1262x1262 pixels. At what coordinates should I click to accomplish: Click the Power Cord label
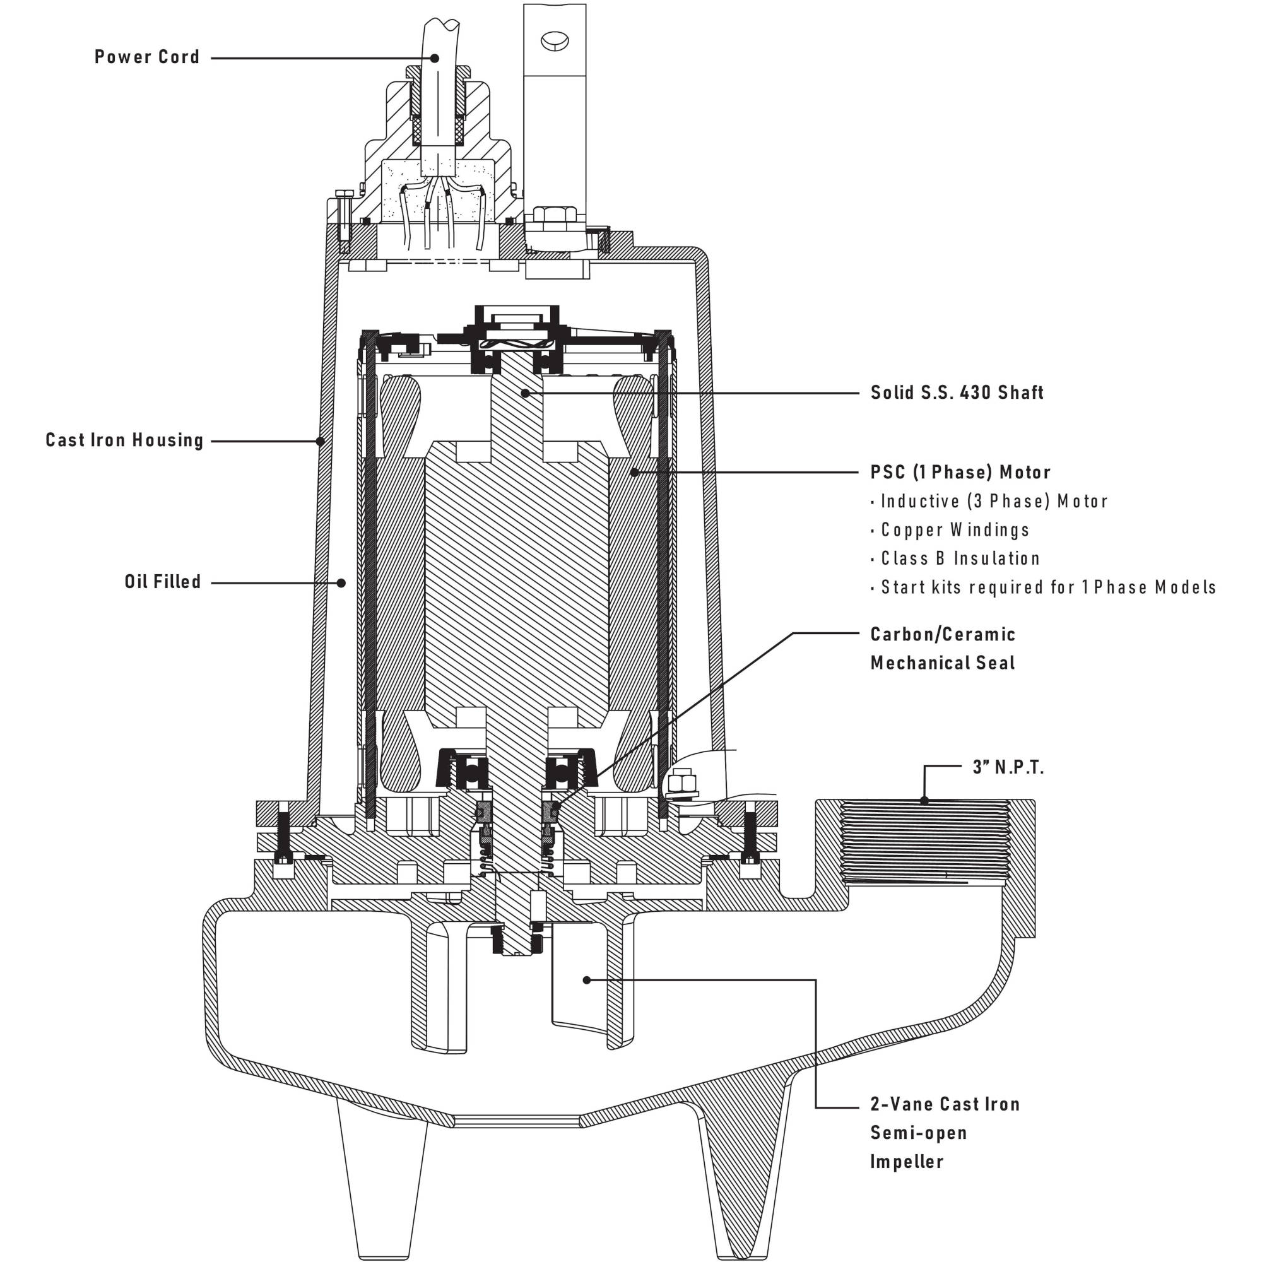pyautogui.click(x=147, y=57)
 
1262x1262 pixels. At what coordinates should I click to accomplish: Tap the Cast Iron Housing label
pyautogui.click(x=125, y=440)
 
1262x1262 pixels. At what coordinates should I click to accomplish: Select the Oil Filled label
pyautogui.click(x=163, y=582)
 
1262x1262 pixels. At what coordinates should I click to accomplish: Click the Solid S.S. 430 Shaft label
pyautogui.click(x=957, y=392)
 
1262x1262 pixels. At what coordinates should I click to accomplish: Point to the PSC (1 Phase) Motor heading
pyautogui.click(x=960, y=472)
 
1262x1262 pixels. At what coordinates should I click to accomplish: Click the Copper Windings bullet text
pyautogui.click(x=954, y=530)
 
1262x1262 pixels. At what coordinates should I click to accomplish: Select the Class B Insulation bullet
pyautogui.click(x=960, y=558)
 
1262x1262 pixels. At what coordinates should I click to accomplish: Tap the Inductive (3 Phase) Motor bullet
pyautogui.click(x=994, y=502)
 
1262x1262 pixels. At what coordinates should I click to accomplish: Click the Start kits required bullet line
pyautogui.click(x=1047, y=587)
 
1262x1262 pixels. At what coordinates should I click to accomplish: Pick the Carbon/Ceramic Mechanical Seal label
pyautogui.click(x=943, y=649)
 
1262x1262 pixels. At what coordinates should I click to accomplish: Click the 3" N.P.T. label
pyautogui.click(x=1008, y=767)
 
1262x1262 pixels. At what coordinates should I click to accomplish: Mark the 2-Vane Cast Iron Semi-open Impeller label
pyautogui.click(x=944, y=1133)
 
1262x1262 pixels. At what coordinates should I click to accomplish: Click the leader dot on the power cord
pyautogui.click(x=434, y=58)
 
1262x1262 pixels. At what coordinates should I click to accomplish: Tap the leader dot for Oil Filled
pyautogui.click(x=341, y=582)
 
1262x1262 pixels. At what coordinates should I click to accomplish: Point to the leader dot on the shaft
pyautogui.click(x=524, y=393)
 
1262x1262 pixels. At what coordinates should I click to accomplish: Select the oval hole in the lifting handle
pyautogui.click(x=555, y=40)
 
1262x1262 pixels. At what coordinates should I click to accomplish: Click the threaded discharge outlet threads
pyautogui.click(x=924, y=842)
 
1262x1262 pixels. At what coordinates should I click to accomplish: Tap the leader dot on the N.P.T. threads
pyautogui.click(x=924, y=800)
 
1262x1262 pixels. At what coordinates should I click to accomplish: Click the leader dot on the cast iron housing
pyautogui.click(x=320, y=441)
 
